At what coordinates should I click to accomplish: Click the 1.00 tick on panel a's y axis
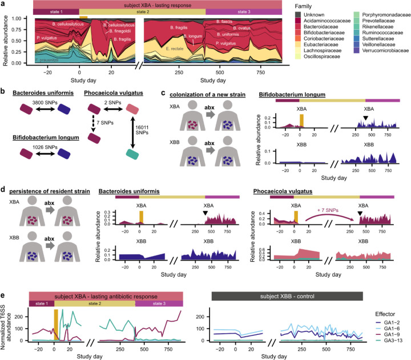click(x=23, y=19)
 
